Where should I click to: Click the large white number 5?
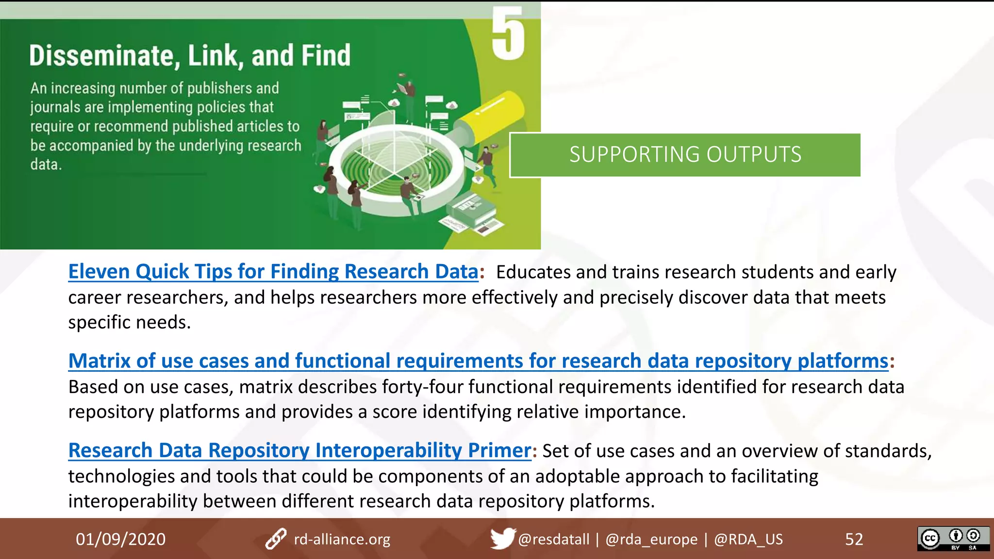tap(508, 33)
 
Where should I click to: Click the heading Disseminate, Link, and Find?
tap(190, 55)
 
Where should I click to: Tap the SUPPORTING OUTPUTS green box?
tap(685, 155)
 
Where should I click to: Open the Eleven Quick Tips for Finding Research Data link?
tap(273, 272)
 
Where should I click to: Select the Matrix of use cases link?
tap(478, 361)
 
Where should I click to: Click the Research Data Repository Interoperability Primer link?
tap(299, 450)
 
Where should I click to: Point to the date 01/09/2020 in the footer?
tap(120, 539)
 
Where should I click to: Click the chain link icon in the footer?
tap(276, 539)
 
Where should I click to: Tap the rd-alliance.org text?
tap(342, 539)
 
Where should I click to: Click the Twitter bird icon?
tap(502, 538)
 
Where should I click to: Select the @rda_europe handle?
tap(651, 539)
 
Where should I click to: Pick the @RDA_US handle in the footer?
tap(748, 539)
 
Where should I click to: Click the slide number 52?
tap(854, 539)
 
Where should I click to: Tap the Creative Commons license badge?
tap(953, 539)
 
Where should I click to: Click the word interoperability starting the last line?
tap(133, 501)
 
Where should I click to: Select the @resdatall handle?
tap(553, 539)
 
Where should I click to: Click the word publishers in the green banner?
tap(219, 88)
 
